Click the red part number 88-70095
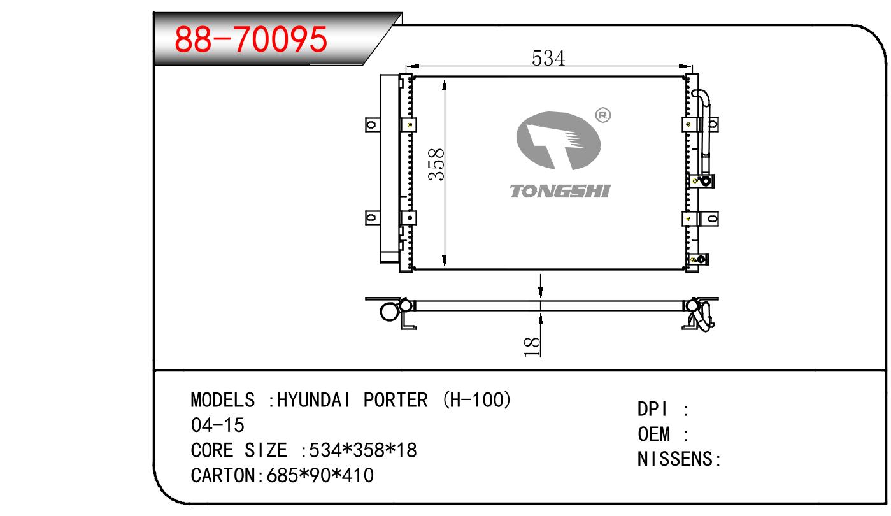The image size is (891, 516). (x=250, y=39)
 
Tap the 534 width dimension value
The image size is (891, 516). (x=548, y=58)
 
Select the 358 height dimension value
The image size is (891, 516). (x=436, y=164)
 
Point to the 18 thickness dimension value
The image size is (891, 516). (x=532, y=347)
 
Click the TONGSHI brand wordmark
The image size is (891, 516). (x=560, y=191)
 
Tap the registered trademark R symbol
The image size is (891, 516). (x=603, y=115)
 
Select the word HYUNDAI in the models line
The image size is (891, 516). (x=313, y=400)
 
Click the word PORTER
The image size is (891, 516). (x=396, y=400)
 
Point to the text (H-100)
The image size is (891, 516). (x=477, y=400)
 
